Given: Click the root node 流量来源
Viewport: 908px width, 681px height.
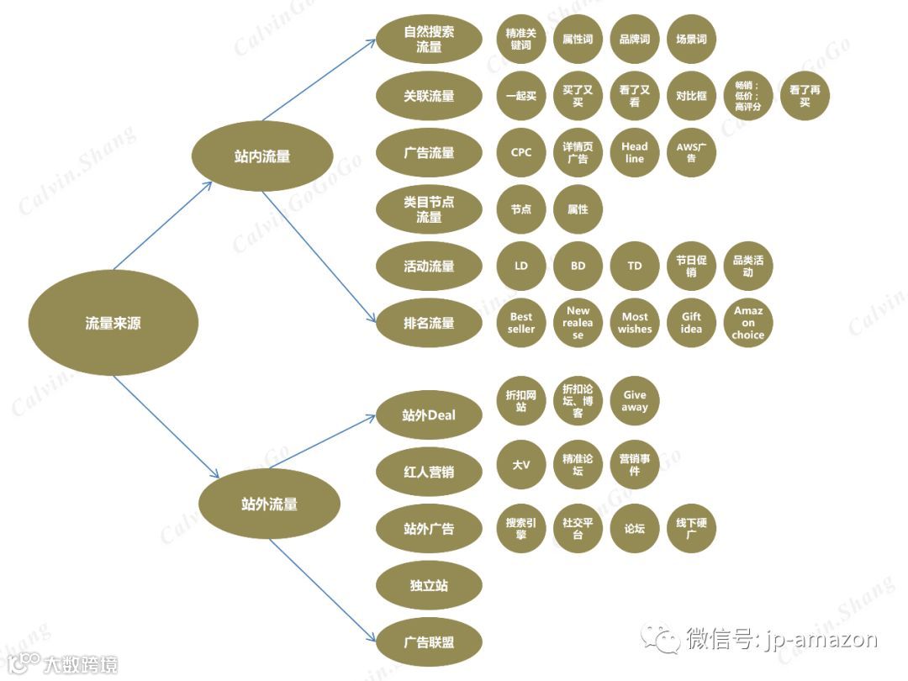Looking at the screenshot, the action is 113,323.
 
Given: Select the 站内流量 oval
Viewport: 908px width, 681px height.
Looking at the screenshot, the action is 262,156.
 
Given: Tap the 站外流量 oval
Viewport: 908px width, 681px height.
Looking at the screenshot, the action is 269,504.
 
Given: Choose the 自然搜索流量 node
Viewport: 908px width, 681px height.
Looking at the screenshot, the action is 429,40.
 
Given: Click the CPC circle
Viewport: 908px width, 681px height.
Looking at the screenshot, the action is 521,153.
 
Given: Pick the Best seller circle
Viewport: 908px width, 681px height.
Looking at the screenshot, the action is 521,323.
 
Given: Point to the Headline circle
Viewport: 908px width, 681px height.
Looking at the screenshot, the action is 635,153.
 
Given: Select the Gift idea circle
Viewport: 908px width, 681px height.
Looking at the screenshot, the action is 691,323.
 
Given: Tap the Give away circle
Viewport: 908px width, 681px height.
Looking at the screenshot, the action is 635,401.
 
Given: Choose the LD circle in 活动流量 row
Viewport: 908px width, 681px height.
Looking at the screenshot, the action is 521,266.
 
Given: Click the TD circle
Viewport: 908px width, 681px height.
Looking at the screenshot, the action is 635,266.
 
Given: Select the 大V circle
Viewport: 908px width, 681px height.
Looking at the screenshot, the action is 521,464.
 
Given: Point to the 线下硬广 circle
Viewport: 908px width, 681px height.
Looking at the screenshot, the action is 691,528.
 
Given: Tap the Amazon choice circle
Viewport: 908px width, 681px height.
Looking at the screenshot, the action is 748,323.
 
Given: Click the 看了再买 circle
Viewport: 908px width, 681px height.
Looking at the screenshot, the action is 805,96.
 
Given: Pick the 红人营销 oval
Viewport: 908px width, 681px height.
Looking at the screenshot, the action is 429,472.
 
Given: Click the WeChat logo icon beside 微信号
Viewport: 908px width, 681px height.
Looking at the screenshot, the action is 661,639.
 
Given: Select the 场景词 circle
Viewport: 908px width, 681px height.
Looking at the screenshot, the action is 691,40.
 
